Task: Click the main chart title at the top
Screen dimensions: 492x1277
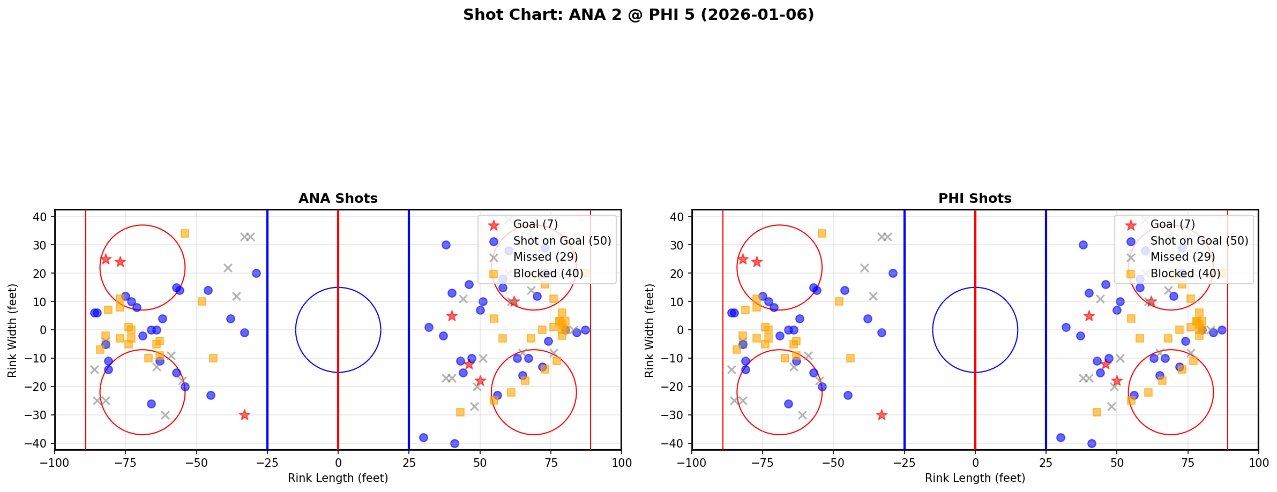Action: (x=638, y=15)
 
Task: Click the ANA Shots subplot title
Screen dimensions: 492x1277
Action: (x=338, y=199)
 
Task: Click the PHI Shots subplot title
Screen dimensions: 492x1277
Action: (x=975, y=199)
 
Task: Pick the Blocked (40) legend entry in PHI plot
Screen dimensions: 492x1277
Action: (x=1185, y=274)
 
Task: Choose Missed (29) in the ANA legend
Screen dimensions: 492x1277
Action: (x=545, y=257)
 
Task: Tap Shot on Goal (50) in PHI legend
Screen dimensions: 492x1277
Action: (x=1199, y=241)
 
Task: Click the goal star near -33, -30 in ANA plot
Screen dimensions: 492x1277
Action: (x=244, y=415)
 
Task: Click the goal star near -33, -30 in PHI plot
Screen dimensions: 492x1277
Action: (x=882, y=415)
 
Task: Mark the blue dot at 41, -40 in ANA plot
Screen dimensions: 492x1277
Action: (x=454, y=443)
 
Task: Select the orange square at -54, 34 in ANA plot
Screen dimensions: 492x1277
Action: (x=185, y=233)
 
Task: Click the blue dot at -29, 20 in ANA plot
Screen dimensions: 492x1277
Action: (x=256, y=273)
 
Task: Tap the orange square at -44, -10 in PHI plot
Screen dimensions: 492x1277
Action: (x=850, y=358)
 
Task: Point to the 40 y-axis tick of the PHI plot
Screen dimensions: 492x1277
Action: (x=677, y=217)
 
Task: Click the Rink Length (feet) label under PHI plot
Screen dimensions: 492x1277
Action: (x=975, y=478)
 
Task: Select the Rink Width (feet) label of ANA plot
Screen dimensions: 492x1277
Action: (x=12, y=330)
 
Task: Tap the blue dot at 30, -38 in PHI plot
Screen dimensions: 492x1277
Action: (x=1061, y=437)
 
